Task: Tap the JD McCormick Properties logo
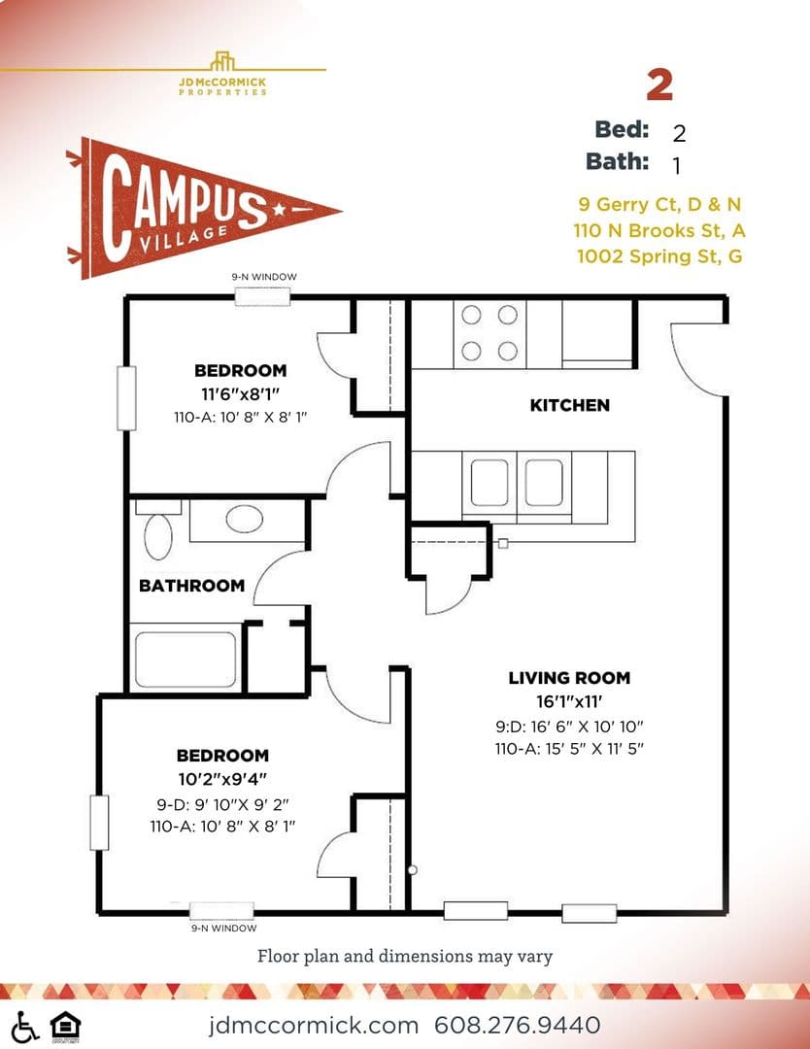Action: [x=222, y=74]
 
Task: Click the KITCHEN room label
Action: [x=570, y=405]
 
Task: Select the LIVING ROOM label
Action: [x=569, y=678]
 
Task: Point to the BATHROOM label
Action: [x=192, y=586]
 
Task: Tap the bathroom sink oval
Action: [x=244, y=519]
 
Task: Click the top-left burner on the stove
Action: [x=472, y=315]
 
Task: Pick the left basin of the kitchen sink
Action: [x=489, y=483]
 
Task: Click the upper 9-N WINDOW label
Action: [x=264, y=277]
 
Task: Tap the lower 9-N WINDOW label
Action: [x=223, y=929]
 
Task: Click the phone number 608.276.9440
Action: [x=517, y=1025]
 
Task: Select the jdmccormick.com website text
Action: [x=313, y=1025]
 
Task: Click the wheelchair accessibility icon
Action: [x=24, y=1027]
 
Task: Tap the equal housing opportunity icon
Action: [x=66, y=1028]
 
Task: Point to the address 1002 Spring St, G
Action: [x=659, y=256]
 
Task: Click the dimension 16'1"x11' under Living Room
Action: [x=569, y=702]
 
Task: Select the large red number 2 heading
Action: [x=659, y=85]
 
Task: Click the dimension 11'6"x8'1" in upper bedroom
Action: [x=240, y=394]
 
